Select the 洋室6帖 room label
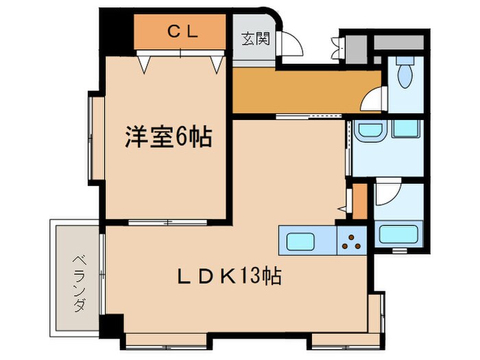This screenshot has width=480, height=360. pos(167,138)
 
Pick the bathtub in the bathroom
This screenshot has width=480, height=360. pos(397,235)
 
